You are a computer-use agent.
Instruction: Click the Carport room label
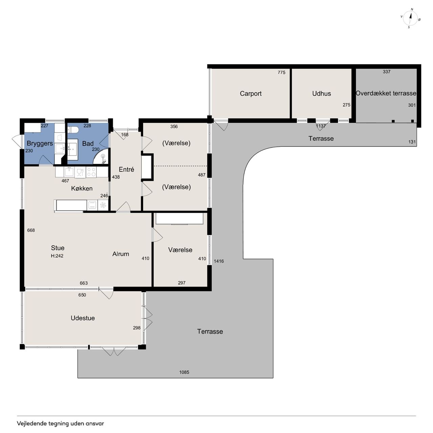tap(251, 93)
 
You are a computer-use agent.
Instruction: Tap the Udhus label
tap(321, 93)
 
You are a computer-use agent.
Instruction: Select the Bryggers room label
tap(40, 143)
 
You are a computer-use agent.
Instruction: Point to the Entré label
tap(126, 169)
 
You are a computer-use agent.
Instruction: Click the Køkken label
tap(82, 188)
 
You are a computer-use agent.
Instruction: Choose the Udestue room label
tap(83, 318)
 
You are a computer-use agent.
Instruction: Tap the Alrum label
tap(121, 254)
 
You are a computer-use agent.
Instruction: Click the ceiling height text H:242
tap(57, 256)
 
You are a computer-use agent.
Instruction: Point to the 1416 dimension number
tap(219, 261)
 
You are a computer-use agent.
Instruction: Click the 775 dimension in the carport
tap(281, 72)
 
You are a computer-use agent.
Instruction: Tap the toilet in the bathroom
tap(73, 130)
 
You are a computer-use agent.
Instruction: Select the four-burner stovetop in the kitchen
tap(91, 172)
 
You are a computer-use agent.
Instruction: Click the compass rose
tap(410, 18)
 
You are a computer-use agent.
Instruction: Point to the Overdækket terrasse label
tap(386, 93)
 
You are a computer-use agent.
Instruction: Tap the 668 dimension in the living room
tap(31, 230)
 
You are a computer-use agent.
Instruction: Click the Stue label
tap(58, 248)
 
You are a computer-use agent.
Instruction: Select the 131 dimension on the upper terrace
tap(412, 142)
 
